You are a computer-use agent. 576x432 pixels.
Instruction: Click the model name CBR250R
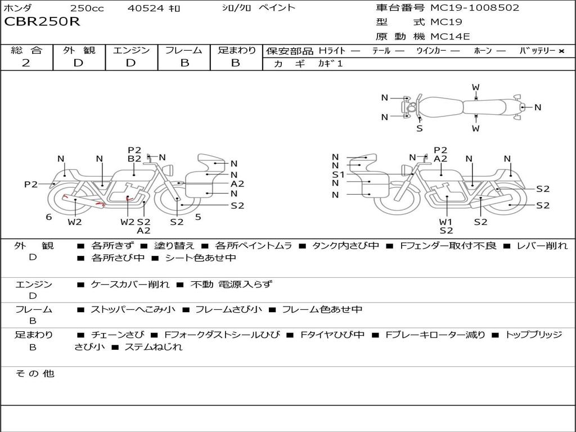[42, 22]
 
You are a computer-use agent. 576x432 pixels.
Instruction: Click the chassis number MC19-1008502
[474, 8]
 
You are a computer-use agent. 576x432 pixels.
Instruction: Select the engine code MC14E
[450, 37]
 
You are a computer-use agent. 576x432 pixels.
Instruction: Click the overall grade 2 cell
[26, 63]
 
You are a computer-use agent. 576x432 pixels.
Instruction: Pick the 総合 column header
[26, 51]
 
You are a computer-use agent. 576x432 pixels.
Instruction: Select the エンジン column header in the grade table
[131, 51]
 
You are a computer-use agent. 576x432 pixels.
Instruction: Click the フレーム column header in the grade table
[183, 51]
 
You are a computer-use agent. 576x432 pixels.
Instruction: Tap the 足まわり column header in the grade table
[236, 51]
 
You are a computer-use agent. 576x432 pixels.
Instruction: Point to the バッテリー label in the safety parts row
[537, 51]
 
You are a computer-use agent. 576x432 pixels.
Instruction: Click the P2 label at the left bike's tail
[31, 184]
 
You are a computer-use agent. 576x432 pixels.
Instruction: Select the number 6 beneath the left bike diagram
[49, 217]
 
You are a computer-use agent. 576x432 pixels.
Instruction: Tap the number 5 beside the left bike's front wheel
[198, 217]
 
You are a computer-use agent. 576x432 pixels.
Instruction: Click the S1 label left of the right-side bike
[338, 175]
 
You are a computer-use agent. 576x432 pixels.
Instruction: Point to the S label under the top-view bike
[420, 128]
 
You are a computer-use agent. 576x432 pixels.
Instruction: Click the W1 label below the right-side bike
[446, 222]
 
